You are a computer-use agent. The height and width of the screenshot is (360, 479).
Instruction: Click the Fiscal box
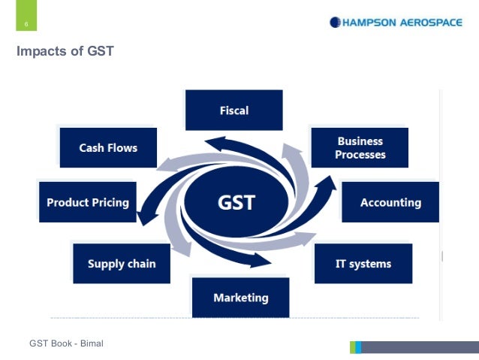click(234, 110)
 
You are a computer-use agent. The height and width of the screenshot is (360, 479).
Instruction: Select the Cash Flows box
click(108, 147)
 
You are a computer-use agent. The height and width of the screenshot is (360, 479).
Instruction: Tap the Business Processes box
click(360, 147)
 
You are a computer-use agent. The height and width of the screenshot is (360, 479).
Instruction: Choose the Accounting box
click(390, 202)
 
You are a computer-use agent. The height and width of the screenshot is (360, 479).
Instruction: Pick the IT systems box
click(363, 263)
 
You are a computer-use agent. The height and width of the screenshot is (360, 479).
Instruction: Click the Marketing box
click(240, 298)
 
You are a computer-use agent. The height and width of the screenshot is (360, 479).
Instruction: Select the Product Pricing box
click(88, 202)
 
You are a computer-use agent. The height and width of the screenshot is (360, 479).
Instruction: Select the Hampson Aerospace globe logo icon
click(334, 23)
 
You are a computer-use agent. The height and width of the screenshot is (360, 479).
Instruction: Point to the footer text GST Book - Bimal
click(66, 343)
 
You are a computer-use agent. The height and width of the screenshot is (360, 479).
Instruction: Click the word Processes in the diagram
click(360, 155)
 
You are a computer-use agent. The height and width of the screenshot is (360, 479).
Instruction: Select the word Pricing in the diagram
click(111, 202)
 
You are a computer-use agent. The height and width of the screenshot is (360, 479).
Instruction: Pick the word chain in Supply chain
click(142, 263)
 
